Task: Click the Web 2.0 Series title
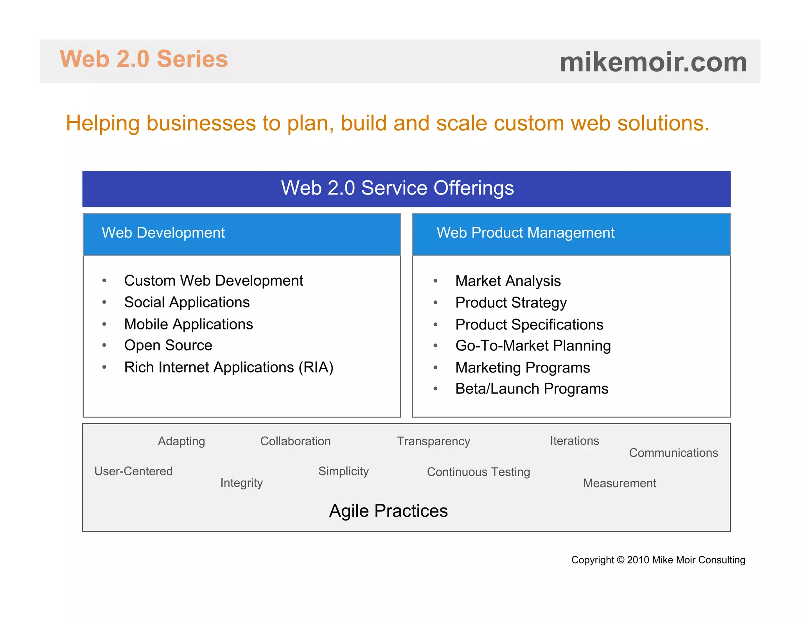144,59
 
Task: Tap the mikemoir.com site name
653,62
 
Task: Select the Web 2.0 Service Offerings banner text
397,188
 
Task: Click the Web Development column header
163,233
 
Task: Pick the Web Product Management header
525,233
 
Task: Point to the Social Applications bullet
187,302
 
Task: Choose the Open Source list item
168,345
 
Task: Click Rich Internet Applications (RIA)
228,367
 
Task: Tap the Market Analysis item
508,281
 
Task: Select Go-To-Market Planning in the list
533,346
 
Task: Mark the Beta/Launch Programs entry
532,389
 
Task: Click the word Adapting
181,441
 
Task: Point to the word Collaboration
295,441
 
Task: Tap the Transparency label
433,441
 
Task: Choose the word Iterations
574,441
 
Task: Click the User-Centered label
133,471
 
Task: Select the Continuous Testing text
478,472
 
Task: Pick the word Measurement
620,483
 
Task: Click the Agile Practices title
388,511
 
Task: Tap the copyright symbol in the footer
620,560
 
